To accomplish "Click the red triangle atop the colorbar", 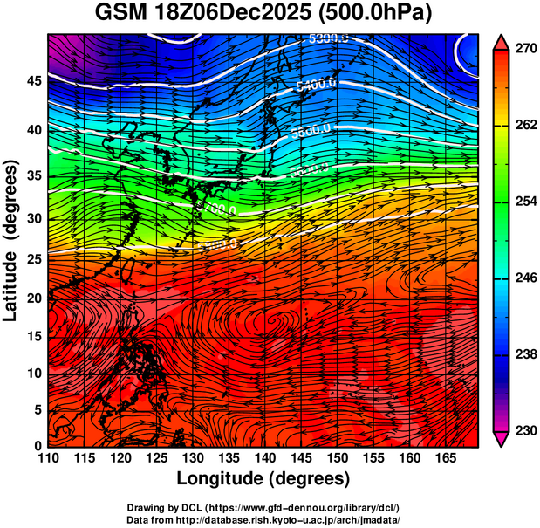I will (x=502, y=40).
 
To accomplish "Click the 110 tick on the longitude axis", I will (x=48, y=457).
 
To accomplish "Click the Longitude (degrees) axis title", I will (x=263, y=478).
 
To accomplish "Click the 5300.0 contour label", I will (x=330, y=38).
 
